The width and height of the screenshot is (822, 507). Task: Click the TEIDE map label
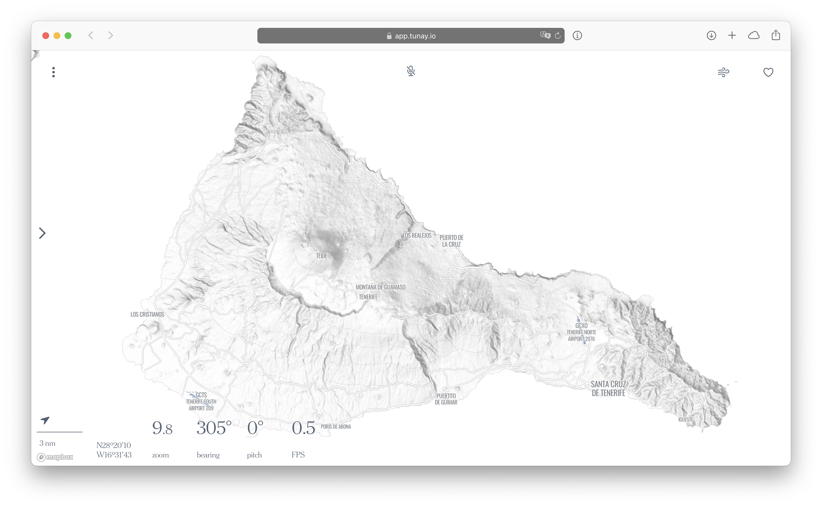click(x=321, y=256)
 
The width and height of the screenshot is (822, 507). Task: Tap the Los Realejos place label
click(x=417, y=236)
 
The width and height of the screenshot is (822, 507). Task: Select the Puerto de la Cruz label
click(x=451, y=241)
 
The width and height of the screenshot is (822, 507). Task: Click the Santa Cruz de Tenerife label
click(x=608, y=389)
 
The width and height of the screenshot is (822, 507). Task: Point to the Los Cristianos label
click(x=147, y=315)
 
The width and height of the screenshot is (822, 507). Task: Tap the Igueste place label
click(x=685, y=420)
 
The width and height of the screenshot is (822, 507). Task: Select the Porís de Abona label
click(x=336, y=426)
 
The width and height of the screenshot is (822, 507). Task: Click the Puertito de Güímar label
click(x=446, y=399)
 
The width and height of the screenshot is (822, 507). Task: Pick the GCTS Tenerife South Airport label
click(x=201, y=401)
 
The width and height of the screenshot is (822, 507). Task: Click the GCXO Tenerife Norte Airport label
click(x=581, y=332)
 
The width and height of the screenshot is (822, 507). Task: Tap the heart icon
click(x=768, y=72)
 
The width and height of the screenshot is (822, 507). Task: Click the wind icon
click(x=723, y=72)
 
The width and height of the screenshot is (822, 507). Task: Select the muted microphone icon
click(x=411, y=71)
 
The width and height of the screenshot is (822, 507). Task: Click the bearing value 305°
click(x=214, y=428)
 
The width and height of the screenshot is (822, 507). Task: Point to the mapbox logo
click(x=55, y=457)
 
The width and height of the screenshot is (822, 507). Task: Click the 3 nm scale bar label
click(x=47, y=443)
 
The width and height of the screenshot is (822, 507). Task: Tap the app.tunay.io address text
click(x=415, y=36)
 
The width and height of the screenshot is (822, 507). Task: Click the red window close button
click(x=46, y=36)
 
